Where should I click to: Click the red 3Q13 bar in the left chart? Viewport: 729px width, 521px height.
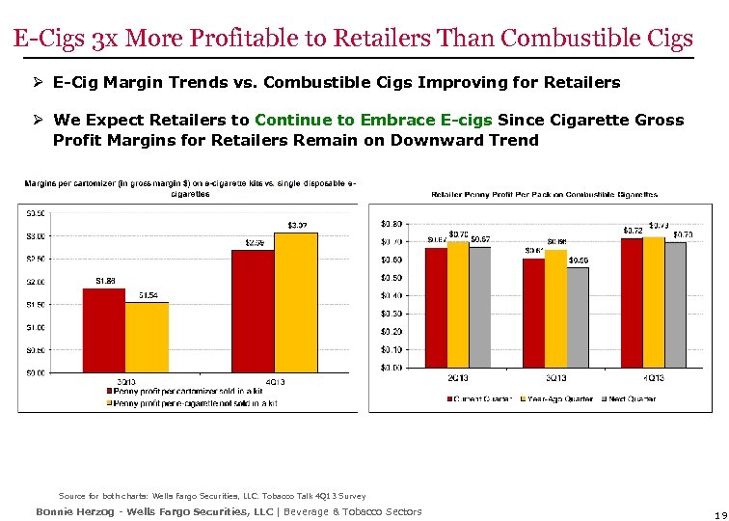click(x=104, y=330)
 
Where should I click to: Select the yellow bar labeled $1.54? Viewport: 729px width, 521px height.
click(x=147, y=337)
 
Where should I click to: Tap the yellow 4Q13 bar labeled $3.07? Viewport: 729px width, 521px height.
click(x=296, y=302)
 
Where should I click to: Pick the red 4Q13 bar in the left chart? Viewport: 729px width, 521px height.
click(x=254, y=311)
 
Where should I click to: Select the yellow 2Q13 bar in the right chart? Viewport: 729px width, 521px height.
click(x=458, y=304)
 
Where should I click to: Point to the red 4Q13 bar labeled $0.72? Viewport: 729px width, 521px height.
click(x=632, y=302)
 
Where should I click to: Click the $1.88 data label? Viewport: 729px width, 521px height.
click(x=106, y=281)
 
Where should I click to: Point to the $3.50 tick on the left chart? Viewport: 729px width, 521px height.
click(x=34, y=213)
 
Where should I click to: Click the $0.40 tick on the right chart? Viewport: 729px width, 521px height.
click(x=391, y=295)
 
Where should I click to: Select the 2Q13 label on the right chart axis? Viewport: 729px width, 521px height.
click(x=458, y=377)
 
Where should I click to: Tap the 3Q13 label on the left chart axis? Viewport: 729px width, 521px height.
click(x=125, y=382)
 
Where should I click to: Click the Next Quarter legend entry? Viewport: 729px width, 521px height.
click(x=631, y=398)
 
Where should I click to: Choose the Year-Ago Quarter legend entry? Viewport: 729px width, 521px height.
click(x=557, y=398)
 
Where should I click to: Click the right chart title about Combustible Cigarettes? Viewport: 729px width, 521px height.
click(x=551, y=194)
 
